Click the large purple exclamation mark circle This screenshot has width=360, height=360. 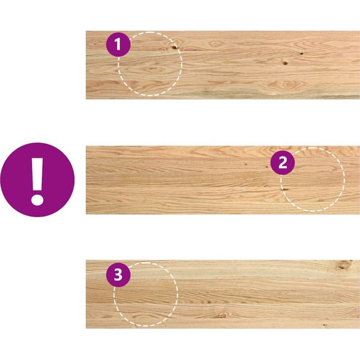(x=37, y=180)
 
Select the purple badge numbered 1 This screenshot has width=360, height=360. (x=118, y=44)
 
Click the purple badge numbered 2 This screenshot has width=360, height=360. (x=283, y=162)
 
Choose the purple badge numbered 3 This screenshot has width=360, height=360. (x=118, y=275)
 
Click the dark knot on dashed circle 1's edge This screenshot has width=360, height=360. (x=174, y=47)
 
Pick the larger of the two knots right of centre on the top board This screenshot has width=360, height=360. (x=285, y=63)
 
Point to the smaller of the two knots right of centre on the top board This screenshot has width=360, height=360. (x=301, y=54)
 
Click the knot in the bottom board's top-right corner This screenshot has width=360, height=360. (x=344, y=265)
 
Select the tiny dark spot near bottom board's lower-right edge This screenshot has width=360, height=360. (x=324, y=325)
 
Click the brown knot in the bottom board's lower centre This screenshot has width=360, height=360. (x=220, y=316)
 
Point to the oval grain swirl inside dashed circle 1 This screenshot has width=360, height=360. (x=152, y=69)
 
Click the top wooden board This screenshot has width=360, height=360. (x=223, y=65)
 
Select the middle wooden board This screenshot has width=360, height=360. (x=223, y=180)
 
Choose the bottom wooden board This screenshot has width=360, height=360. (x=223, y=294)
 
